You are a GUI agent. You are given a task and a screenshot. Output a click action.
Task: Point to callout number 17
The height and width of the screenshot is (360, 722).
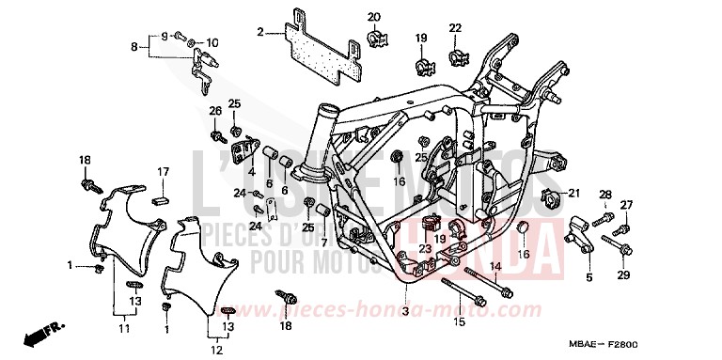pyautogui.click(x=163, y=172)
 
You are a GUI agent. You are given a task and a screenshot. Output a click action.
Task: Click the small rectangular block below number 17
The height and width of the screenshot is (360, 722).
pyautogui.click(x=159, y=198)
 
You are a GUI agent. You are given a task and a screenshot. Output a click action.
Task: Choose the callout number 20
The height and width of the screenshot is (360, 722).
pyautogui.click(x=373, y=17)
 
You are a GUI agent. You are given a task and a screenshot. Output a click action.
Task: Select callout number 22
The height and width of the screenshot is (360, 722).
pyautogui.click(x=455, y=28)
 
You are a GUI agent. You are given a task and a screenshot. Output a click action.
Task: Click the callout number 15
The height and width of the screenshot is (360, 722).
pyautogui.click(x=460, y=322)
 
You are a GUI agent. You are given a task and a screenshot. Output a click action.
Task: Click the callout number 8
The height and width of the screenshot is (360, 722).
pyautogui.click(x=134, y=46)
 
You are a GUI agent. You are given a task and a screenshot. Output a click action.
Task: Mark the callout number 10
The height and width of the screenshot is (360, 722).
pyautogui.click(x=212, y=42)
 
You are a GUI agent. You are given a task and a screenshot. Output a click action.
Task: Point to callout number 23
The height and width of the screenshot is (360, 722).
pyautogui.click(x=426, y=249)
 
